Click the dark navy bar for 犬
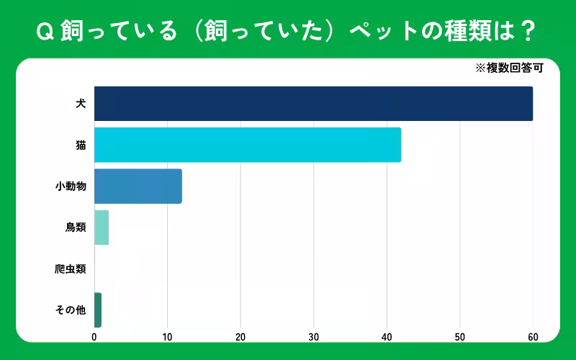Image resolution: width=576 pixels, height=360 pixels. [313, 104]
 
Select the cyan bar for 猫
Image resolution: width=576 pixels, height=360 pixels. [248, 145]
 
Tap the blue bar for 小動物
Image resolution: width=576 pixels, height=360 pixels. [138, 186]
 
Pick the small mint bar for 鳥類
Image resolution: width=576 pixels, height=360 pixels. [102, 228]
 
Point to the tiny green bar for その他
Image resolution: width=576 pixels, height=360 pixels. [98, 310]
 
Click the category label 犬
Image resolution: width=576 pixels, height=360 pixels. [81, 104]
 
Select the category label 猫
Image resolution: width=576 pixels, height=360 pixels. [81, 145]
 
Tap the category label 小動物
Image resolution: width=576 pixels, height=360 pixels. [71, 186]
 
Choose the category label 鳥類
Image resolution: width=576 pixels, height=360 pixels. [76, 228]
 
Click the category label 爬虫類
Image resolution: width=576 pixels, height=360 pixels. [71, 269]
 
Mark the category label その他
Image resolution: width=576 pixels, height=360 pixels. [71, 310]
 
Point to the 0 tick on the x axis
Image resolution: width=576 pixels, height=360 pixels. [94, 336]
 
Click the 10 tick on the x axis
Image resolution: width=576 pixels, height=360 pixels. [167, 336]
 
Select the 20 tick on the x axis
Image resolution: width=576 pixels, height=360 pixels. [240, 336]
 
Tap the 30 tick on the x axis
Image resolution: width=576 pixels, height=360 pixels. [313, 336]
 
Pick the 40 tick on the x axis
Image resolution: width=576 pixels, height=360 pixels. [387, 336]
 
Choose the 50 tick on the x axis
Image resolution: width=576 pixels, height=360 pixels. [459, 336]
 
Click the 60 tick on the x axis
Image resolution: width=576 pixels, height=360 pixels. [533, 336]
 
